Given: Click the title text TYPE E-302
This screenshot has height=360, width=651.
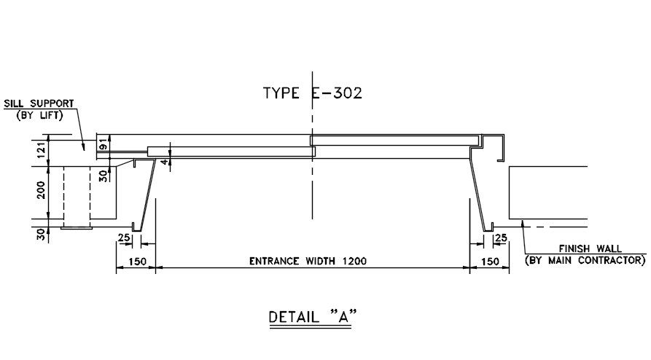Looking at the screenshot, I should tap(312, 93).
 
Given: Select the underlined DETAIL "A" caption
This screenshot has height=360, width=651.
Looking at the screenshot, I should tap(316, 317).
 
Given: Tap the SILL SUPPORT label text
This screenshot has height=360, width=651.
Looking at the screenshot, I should tap(39, 103).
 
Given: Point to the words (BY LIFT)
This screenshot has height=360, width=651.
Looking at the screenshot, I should tap(39, 114).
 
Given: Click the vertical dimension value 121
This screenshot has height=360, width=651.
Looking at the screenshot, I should tap(42, 150).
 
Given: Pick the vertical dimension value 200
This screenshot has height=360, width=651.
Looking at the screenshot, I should tap(42, 191).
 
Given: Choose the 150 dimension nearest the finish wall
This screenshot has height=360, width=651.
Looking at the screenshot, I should tap(490, 262).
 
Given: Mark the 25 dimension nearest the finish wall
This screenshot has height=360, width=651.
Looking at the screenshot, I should tap(501, 238).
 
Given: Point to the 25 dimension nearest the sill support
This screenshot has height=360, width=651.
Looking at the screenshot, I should tap(125, 238).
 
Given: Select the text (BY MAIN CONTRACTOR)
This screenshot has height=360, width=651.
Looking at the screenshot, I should tap(585, 260).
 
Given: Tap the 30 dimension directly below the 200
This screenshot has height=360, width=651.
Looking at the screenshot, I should tap(42, 234).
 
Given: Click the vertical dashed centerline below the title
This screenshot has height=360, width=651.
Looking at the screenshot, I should tap(312, 189).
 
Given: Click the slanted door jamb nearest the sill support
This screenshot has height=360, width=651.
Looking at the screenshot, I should tap(149, 193).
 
